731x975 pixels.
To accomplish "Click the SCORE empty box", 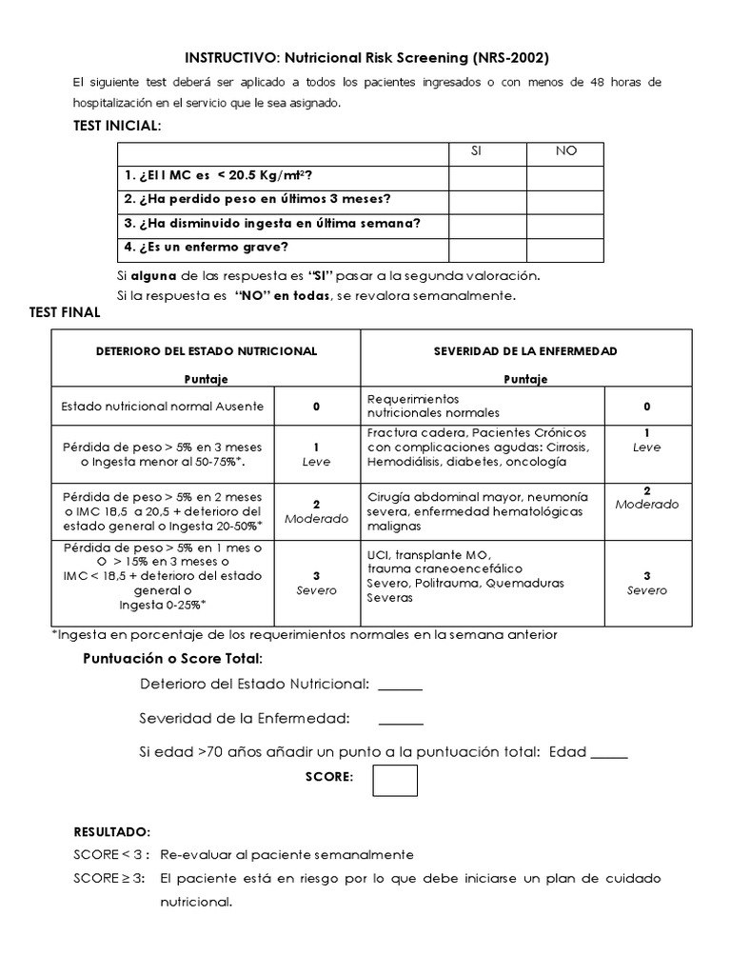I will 395,780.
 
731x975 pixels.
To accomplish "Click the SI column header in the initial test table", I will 487,151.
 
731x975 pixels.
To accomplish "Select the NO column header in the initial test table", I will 566,151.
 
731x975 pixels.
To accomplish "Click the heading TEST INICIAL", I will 117,127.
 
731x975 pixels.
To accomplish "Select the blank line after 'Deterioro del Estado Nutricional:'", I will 400,685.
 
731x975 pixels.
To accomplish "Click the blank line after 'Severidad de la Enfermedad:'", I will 400,718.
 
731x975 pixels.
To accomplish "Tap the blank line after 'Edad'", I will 609,752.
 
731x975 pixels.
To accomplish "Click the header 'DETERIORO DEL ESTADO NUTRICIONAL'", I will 207,351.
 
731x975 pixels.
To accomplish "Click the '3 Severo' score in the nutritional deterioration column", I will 317,583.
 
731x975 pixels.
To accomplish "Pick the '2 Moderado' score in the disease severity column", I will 647,498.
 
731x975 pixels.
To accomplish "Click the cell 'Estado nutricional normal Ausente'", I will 162,407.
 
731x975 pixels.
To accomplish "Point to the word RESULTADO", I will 111,831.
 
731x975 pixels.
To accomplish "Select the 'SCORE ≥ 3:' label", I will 109,877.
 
